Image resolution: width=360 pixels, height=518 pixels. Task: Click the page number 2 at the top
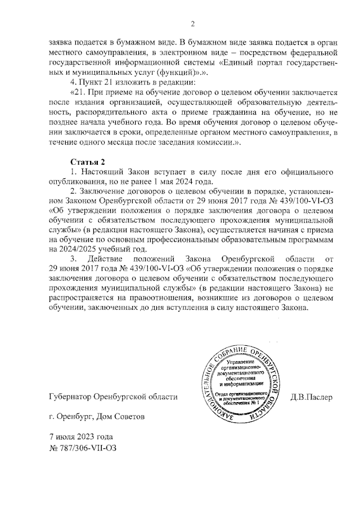point(192,24)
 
